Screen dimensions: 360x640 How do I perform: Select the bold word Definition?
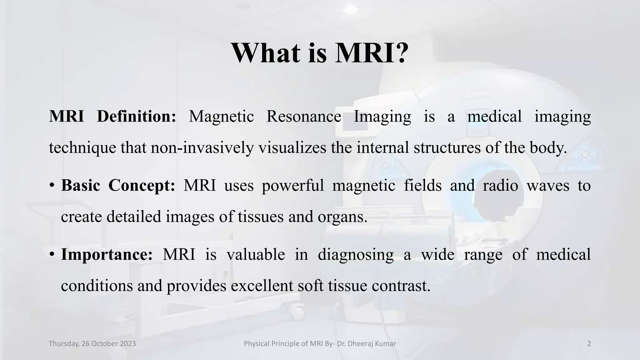click(x=137, y=117)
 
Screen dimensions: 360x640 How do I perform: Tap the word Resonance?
click(x=303, y=117)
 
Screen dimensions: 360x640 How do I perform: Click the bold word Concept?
click(x=142, y=185)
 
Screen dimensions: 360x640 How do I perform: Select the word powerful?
click(x=293, y=186)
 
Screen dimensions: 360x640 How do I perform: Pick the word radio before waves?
click(x=500, y=185)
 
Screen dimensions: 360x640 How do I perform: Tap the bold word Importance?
click(x=107, y=254)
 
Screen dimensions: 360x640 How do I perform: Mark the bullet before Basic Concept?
click(x=52, y=186)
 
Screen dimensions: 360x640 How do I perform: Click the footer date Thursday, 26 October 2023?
click(x=92, y=344)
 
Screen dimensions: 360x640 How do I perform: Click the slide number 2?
click(x=589, y=344)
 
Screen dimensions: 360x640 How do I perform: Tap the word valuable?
click(x=256, y=254)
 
